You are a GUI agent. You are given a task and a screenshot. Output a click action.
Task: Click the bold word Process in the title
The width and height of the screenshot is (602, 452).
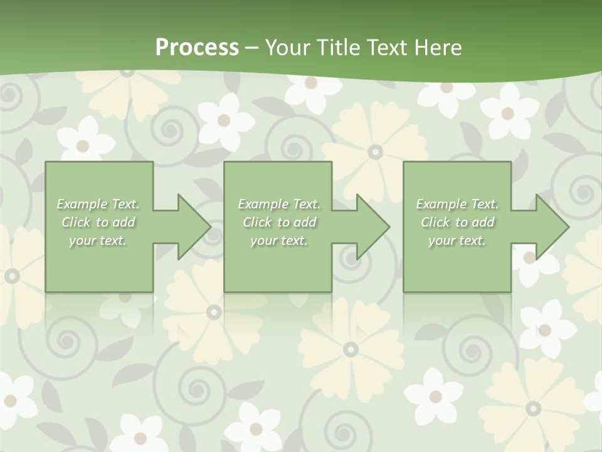[x=197, y=48]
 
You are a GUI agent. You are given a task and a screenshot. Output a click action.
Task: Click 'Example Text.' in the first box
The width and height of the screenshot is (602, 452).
[x=98, y=204]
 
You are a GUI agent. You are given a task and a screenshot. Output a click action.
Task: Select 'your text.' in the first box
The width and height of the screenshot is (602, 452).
[x=98, y=240]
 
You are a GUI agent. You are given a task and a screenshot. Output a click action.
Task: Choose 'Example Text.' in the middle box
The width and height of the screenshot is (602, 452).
[x=279, y=204]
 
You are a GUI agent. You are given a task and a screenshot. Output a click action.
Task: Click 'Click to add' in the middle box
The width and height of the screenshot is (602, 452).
[x=279, y=222]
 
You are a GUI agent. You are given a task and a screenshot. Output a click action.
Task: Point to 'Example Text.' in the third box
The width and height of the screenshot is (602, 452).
[x=457, y=204]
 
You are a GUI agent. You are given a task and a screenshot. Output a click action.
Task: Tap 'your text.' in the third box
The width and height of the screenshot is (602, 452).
[x=457, y=240]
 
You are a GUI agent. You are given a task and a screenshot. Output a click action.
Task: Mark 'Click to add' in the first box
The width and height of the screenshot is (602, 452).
[x=98, y=222]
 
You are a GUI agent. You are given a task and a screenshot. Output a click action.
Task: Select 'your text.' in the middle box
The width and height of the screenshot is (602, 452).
[x=279, y=240]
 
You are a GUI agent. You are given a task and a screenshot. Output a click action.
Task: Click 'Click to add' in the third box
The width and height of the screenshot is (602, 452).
[x=457, y=222]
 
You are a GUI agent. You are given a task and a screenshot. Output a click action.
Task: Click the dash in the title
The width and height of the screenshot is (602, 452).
[x=251, y=48]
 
